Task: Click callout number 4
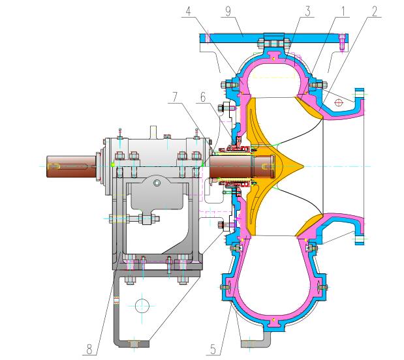(x=189, y=11)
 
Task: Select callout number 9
(x=228, y=12)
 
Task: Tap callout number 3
(x=307, y=12)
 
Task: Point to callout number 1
(x=343, y=11)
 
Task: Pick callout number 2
(x=374, y=11)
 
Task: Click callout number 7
(x=175, y=97)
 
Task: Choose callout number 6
(x=203, y=97)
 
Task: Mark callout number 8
(x=89, y=350)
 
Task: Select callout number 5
(x=213, y=350)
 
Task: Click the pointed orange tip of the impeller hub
(x=304, y=166)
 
